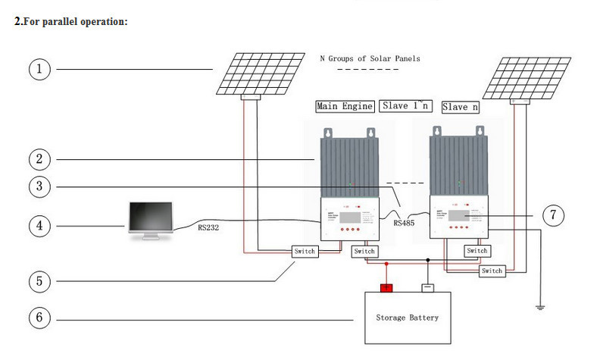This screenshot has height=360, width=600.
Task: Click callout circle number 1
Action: (39, 69)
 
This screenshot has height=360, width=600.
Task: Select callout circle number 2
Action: (39, 159)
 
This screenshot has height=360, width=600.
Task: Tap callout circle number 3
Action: (39, 186)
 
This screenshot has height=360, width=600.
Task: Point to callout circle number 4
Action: (39, 225)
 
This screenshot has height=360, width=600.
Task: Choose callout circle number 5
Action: (39, 281)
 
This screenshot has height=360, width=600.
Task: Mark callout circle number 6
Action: (39, 318)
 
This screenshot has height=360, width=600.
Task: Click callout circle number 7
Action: (554, 215)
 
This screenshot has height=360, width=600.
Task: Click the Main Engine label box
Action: (345, 106)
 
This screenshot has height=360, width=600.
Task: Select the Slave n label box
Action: (460, 107)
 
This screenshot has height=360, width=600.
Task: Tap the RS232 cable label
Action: (208, 227)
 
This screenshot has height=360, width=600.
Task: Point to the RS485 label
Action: (404, 223)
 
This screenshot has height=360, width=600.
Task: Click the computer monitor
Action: (151, 221)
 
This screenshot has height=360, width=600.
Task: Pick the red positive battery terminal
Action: (387, 286)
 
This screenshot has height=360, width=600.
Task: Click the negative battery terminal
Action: (428, 286)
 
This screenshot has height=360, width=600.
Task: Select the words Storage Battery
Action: (407, 318)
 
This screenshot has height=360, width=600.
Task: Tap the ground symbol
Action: (540, 307)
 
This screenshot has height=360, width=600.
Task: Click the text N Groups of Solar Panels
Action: (369, 58)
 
